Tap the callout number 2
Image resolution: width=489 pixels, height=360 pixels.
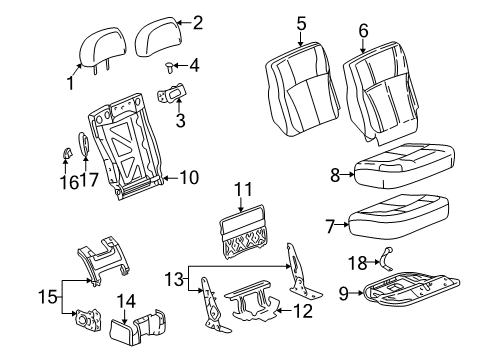pos(196,21)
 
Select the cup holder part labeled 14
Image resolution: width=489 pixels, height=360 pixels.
pos(145,325)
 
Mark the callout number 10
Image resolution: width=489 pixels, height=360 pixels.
pos(188,178)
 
